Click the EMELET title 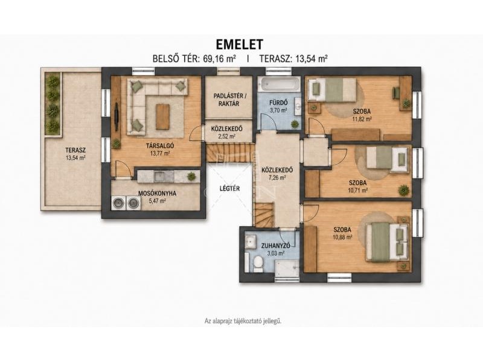239,44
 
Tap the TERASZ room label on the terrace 75,150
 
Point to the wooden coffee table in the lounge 162,116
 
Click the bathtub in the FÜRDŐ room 279,84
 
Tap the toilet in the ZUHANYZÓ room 258,264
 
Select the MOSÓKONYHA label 157,194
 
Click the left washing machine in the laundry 119,203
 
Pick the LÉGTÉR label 230,188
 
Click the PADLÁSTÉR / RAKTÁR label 230,100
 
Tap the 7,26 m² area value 277,177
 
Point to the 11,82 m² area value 362,119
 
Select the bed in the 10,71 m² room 388,157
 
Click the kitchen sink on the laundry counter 160,176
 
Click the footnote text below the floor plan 243,321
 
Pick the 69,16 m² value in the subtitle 220,59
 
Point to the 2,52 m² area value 227,136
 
